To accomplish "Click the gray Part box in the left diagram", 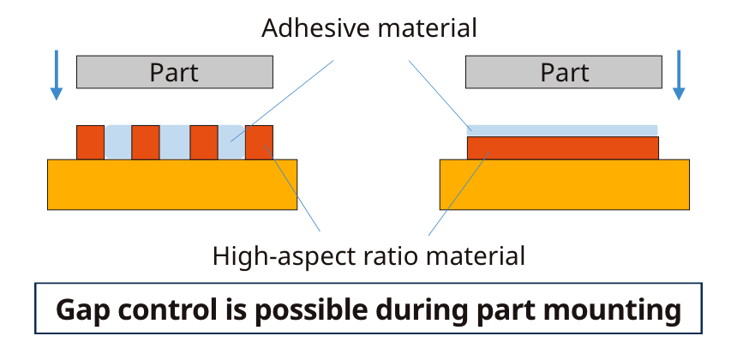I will click(174, 72).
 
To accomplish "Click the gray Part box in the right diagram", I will click(563, 72).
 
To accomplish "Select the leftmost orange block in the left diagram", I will click(90, 142).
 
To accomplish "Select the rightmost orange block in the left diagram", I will click(260, 142).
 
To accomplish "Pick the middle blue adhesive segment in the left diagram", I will click(174, 142).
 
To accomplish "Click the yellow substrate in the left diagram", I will click(171, 184).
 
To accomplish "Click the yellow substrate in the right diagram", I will click(564, 184).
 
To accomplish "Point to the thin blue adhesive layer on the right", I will click(562, 130).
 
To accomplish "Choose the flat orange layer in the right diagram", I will click(562, 148).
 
